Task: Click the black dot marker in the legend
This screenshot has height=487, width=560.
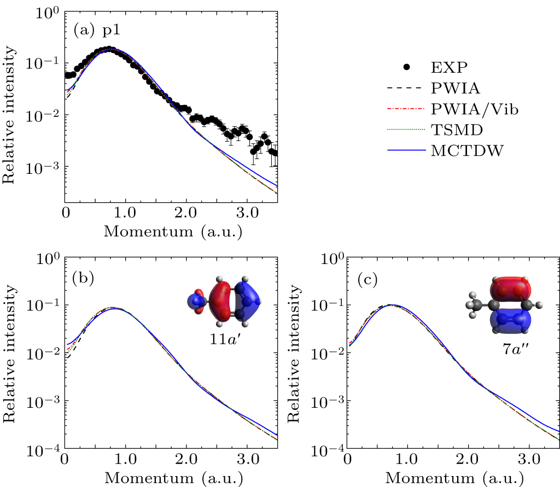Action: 406,67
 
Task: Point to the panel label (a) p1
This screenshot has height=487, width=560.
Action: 97,31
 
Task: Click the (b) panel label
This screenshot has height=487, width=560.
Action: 83,279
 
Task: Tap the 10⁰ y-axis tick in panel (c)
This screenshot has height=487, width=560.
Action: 328,257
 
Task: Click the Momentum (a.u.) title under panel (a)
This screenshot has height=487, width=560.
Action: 173,231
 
